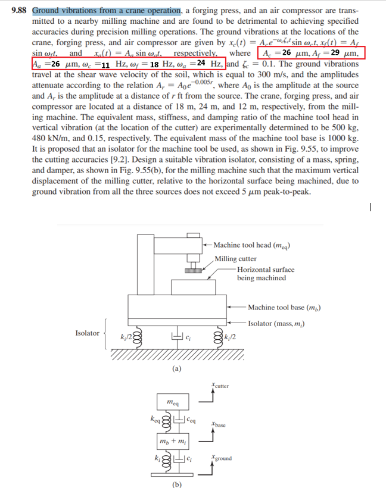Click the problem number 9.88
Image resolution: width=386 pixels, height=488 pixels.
click(20, 11)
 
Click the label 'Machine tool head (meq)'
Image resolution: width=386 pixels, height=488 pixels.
click(251, 245)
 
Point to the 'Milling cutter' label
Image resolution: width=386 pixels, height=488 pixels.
click(236, 258)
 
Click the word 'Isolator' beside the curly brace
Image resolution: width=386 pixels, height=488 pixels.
click(88, 333)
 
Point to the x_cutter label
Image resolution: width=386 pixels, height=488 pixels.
click(220, 387)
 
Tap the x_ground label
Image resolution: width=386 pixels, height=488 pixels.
click(222, 458)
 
